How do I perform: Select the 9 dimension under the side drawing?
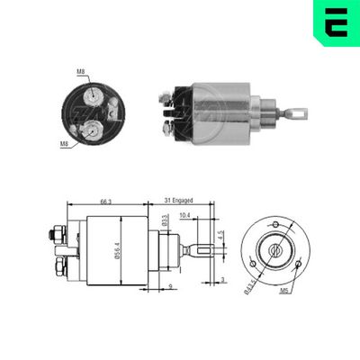click(x=169, y=287)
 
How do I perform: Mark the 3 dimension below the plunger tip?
click(x=221, y=282)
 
